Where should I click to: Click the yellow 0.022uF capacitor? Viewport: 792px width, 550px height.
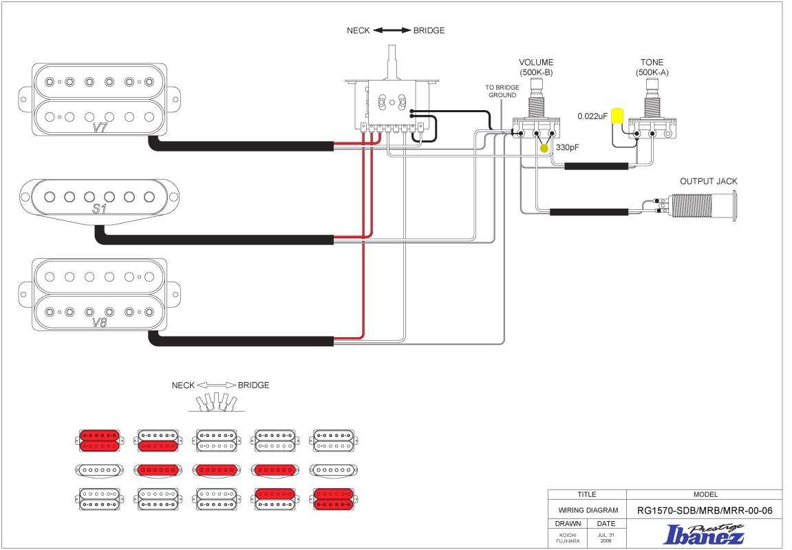point(617,116)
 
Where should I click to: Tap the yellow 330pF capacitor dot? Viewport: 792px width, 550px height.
point(544,148)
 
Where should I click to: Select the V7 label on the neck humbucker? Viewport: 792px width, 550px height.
point(100,127)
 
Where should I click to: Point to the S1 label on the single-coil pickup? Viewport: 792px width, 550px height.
point(100,208)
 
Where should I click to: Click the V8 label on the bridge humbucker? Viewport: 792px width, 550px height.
point(100,322)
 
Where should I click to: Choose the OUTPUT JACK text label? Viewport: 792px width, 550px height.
point(708,181)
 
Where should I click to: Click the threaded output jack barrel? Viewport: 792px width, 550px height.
point(692,207)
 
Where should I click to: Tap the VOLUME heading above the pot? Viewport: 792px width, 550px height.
point(536,62)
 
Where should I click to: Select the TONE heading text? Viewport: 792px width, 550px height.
point(652,62)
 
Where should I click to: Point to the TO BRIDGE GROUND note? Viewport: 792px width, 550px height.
point(502,91)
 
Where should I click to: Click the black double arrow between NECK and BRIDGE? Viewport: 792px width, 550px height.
point(392,30)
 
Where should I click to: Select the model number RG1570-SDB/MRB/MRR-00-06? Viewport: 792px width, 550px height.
point(705,511)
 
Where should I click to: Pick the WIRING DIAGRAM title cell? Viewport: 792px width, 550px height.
point(588,510)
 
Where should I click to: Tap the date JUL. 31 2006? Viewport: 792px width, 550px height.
point(606,538)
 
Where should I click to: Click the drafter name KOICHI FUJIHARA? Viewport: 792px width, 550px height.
point(568,538)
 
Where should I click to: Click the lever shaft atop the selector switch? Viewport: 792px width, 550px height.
point(392,62)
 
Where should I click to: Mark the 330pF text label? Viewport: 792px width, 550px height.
point(567,147)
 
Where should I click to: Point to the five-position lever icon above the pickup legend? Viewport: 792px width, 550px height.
point(217,403)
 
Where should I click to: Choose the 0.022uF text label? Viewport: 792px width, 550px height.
point(592,116)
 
